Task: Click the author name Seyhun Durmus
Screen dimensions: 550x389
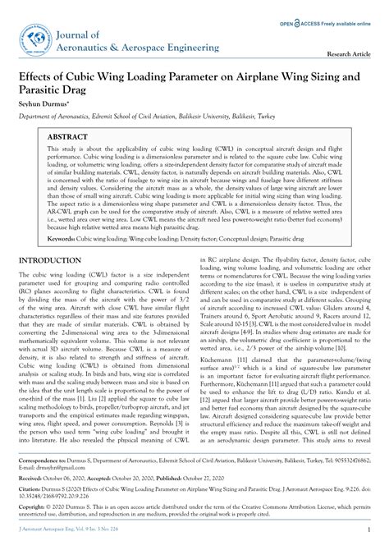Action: [x=43, y=105]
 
